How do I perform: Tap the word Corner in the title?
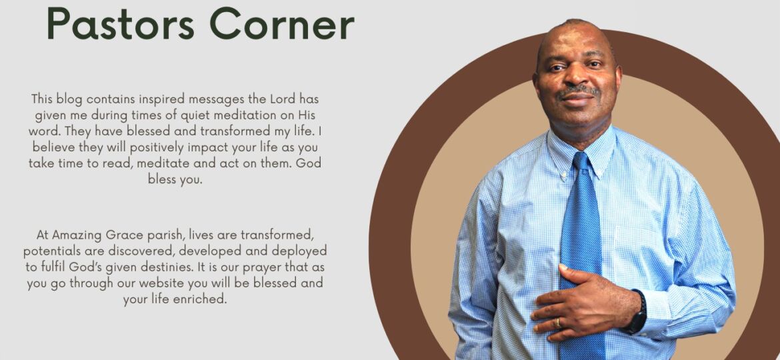pos(281,23)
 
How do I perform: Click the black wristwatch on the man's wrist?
pos(637,312)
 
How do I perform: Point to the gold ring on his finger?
pos(558,323)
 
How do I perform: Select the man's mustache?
pos(578,91)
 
